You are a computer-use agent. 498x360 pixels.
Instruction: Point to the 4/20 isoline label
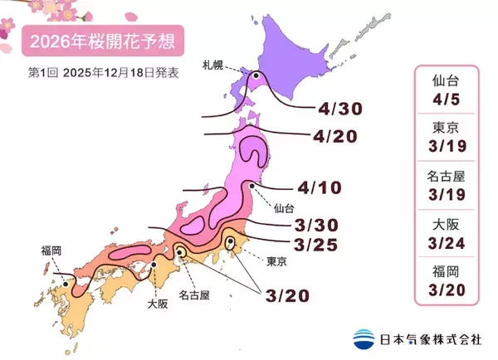pos(336,135)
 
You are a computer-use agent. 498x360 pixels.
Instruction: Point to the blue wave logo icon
pos(363,338)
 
